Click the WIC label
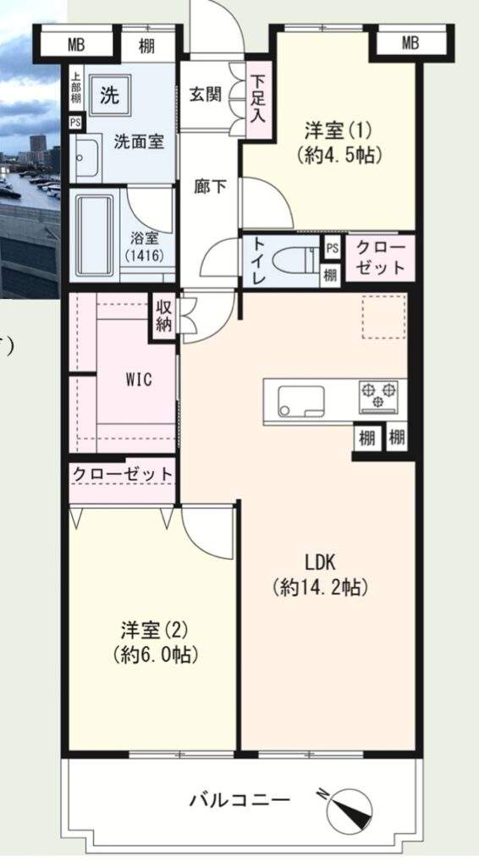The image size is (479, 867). (x=139, y=380)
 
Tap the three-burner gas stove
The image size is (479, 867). (x=378, y=396)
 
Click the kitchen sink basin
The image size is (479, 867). (x=301, y=400)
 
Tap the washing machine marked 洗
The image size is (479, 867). (x=110, y=97)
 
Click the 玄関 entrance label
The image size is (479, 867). (x=206, y=95)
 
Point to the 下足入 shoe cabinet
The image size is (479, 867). (x=257, y=100)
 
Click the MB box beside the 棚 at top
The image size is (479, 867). (x=77, y=44)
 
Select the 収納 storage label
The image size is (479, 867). (x=164, y=317)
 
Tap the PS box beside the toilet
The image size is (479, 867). (x=332, y=248)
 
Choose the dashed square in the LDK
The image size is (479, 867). (x=384, y=317)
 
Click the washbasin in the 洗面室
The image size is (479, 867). (x=86, y=157)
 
